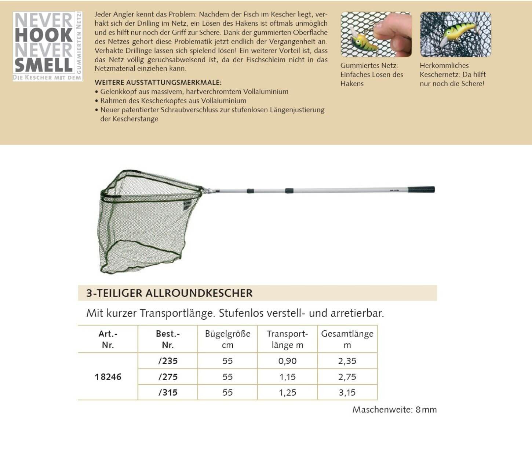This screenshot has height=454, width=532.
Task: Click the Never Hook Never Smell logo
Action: point(48,46)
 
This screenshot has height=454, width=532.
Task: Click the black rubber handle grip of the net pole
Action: point(421,190)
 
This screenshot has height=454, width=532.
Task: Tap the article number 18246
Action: point(108,377)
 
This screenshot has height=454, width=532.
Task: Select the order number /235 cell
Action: point(168,361)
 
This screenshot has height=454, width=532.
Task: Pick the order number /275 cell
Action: point(168,377)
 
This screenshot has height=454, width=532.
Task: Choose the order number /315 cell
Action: point(168,393)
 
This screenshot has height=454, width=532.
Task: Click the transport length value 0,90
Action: point(287,361)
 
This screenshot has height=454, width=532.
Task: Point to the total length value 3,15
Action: point(347,393)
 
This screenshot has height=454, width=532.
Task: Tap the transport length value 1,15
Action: point(287,377)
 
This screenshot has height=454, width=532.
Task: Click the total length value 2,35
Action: point(347,361)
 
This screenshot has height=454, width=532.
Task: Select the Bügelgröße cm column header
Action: point(227,339)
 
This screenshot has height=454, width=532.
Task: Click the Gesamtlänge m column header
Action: point(347,339)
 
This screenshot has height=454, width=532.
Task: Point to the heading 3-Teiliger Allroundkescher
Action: point(170,293)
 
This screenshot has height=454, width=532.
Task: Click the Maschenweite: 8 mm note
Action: point(394,410)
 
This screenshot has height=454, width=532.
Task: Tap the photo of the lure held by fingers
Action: point(376,34)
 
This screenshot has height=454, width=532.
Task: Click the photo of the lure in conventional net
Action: point(455,34)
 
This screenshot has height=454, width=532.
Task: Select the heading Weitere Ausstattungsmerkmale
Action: point(158,83)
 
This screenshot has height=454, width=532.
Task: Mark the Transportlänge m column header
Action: point(287,339)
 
